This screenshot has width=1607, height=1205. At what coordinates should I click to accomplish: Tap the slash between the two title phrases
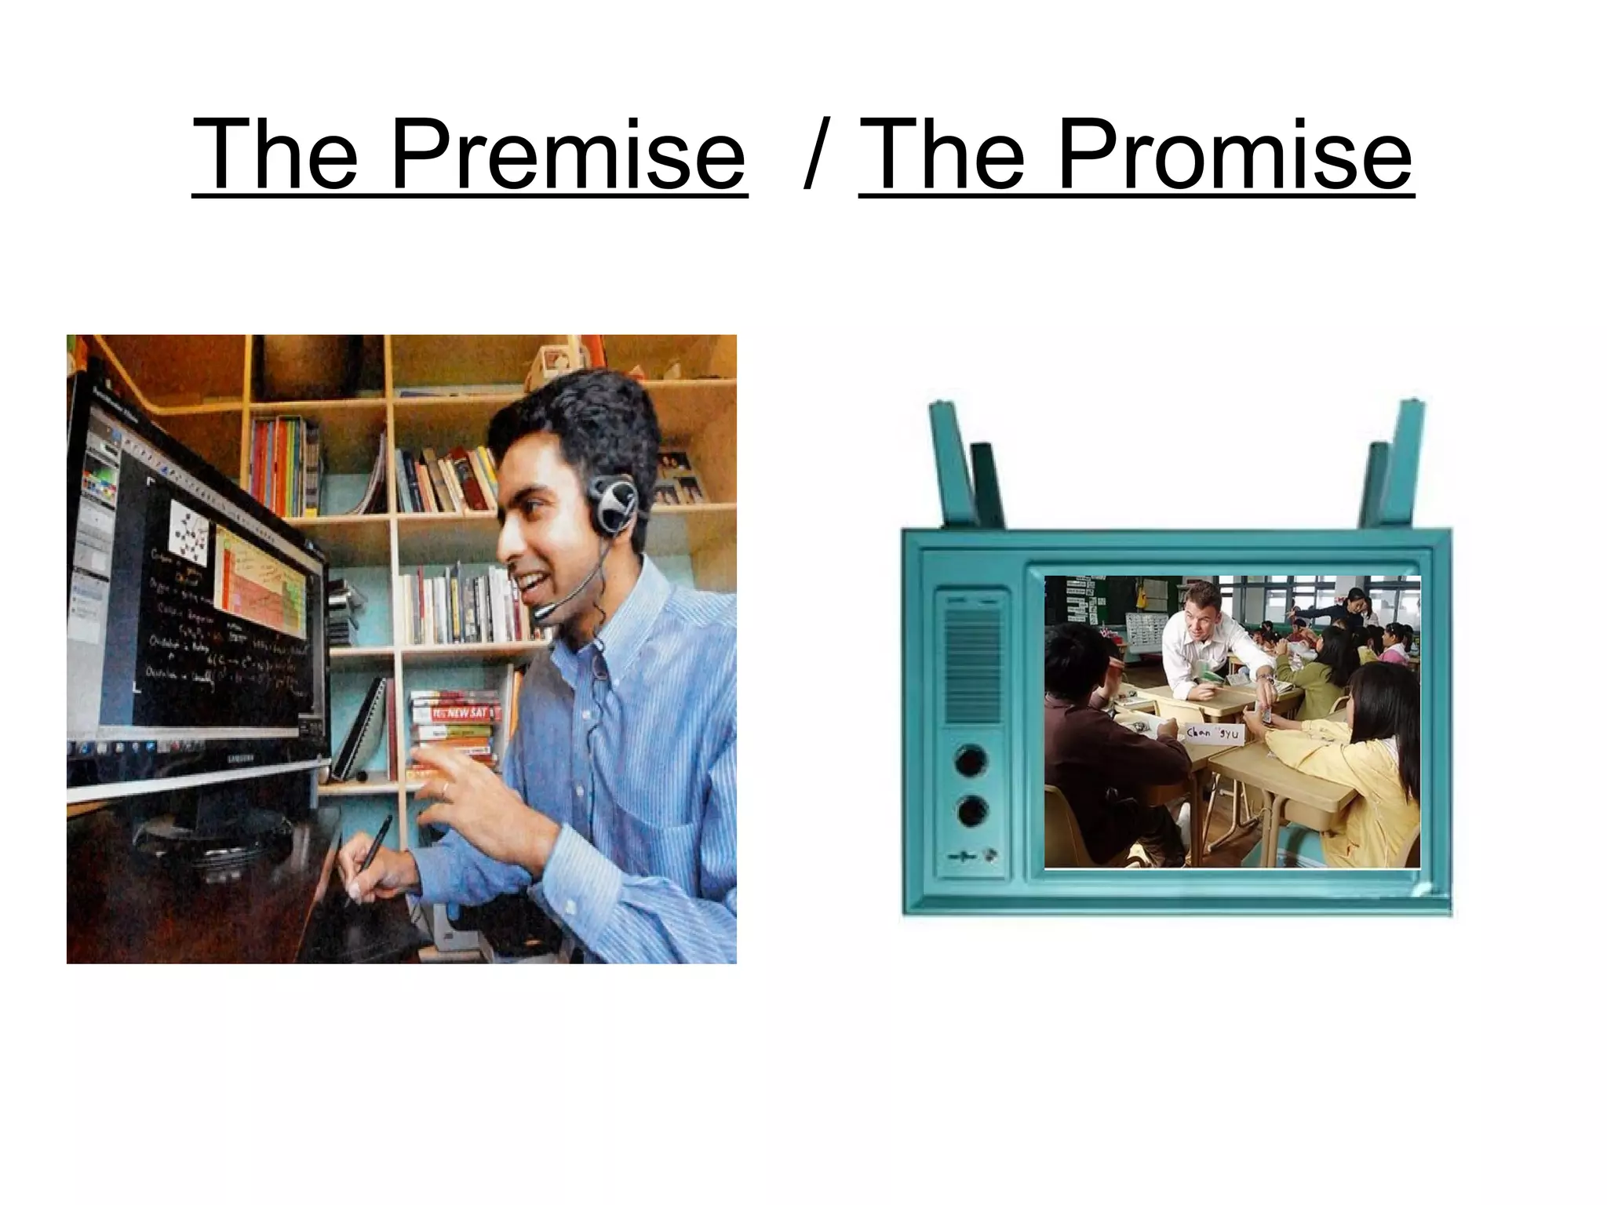(816, 155)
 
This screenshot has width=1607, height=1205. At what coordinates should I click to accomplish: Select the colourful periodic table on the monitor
(259, 581)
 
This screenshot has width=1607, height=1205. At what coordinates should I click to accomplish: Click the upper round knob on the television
(972, 762)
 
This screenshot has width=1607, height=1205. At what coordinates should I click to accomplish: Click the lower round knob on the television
(972, 812)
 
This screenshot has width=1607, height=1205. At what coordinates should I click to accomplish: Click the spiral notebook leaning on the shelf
(369, 730)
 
